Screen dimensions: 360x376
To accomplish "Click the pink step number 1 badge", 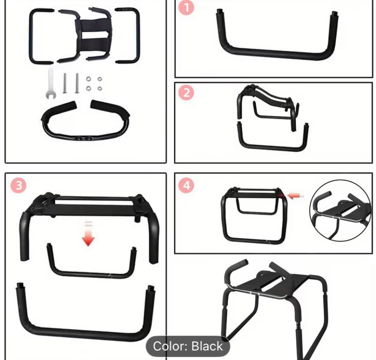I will (186, 9).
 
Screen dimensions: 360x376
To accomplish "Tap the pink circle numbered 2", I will (186, 93).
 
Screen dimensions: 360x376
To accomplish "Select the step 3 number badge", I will (17, 185).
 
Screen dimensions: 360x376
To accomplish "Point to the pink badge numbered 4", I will (186, 185).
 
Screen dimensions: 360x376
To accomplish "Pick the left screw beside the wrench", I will (64, 84).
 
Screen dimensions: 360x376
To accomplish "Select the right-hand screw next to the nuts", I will (77, 84).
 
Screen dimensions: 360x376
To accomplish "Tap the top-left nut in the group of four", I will (89, 79).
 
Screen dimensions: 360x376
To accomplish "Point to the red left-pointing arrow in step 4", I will (295, 195).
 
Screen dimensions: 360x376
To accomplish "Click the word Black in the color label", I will (207, 346).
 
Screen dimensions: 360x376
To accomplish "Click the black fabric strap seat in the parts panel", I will (95, 32).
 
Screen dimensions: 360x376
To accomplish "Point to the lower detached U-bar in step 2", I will (272, 145).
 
